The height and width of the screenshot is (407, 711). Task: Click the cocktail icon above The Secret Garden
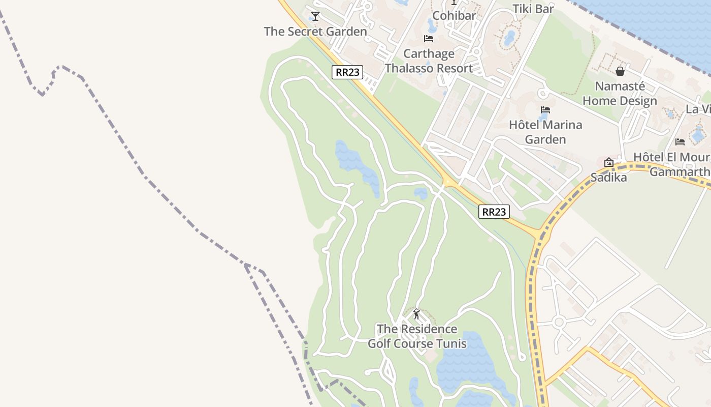click(x=315, y=16)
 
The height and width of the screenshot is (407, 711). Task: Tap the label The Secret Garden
click(x=315, y=32)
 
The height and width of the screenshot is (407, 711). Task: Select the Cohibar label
click(x=454, y=15)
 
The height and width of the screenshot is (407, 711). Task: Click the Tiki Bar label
click(x=533, y=8)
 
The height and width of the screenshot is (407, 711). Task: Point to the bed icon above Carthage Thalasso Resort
click(x=429, y=39)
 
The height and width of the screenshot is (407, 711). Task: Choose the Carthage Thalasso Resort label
click(x=429, y=61)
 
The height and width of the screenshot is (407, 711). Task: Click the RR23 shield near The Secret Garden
click(x=348, y=72)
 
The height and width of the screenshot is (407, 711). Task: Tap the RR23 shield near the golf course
click(x=494, y=212)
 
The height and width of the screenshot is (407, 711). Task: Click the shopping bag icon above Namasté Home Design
click(x=620, y=71)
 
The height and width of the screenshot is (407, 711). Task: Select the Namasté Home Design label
click(x=620, y=93)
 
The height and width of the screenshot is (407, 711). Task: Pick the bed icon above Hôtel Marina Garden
click(x=545, y=110)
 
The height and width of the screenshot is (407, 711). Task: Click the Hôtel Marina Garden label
click(x=545, y=132)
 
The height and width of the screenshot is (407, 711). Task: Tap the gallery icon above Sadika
click(x=608, y=163)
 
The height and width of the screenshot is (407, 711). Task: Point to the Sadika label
click(x=608, y=178)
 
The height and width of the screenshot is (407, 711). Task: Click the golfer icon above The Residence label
click(x=416, y=314)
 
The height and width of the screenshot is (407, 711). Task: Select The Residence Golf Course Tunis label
click(x=417, y=336)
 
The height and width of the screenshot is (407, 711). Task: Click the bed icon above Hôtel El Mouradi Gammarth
click(x=680, y=142)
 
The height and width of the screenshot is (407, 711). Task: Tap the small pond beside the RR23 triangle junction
click(x=421, y=193)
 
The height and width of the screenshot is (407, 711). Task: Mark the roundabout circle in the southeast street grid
click(x=559, y=322)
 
